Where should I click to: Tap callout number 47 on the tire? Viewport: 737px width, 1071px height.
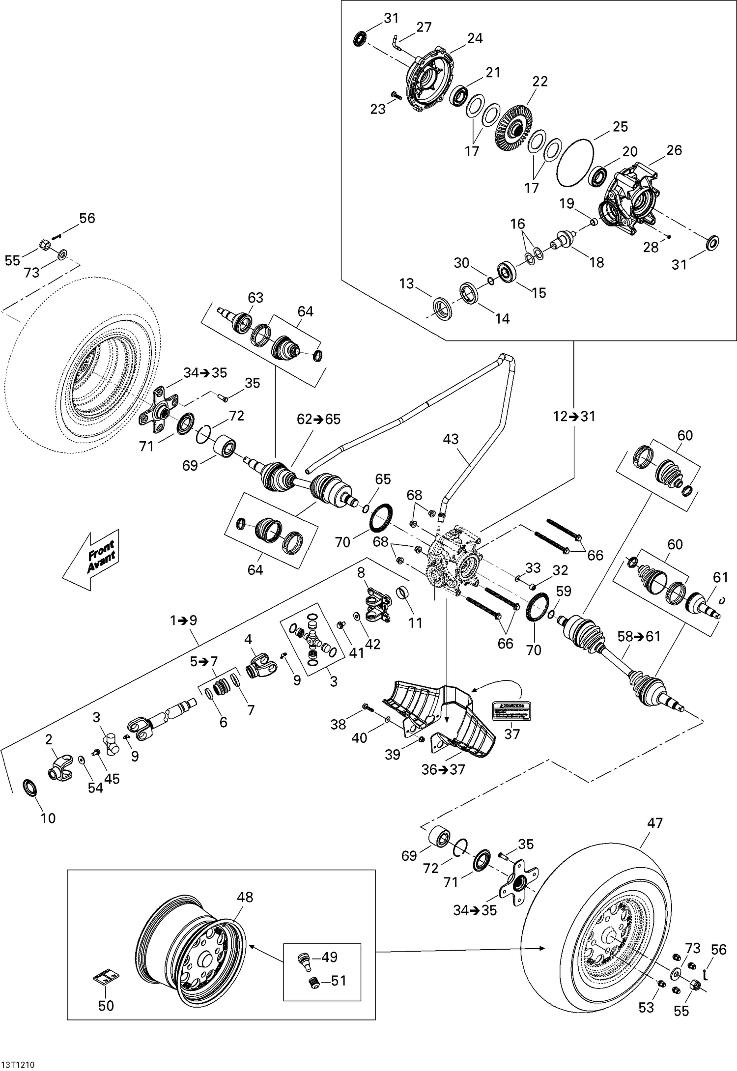point(655,823)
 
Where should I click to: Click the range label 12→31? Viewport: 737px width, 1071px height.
point(573,417)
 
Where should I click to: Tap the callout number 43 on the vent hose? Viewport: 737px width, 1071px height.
point(451,439)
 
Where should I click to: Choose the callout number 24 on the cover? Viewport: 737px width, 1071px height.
point(475,38)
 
